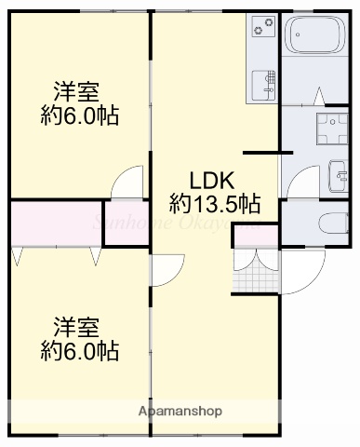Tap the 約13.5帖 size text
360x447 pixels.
pyautogui.click(x=215, y=202)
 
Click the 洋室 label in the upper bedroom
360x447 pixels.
pyautogui.click(x=77, y=93)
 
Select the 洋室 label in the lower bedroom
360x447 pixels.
pyautogui.click(x=77, y=328)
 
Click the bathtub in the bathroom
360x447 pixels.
pyautogui.click(x=313, y=37)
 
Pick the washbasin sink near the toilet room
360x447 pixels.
pyautogui.click(x=339, y=171)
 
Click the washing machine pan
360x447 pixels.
pyautogui.click(x=329, y=131)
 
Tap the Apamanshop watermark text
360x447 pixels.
pyautogui.click(x=180, y=410)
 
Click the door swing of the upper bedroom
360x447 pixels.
pyautogui.click(x=127, y=183)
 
